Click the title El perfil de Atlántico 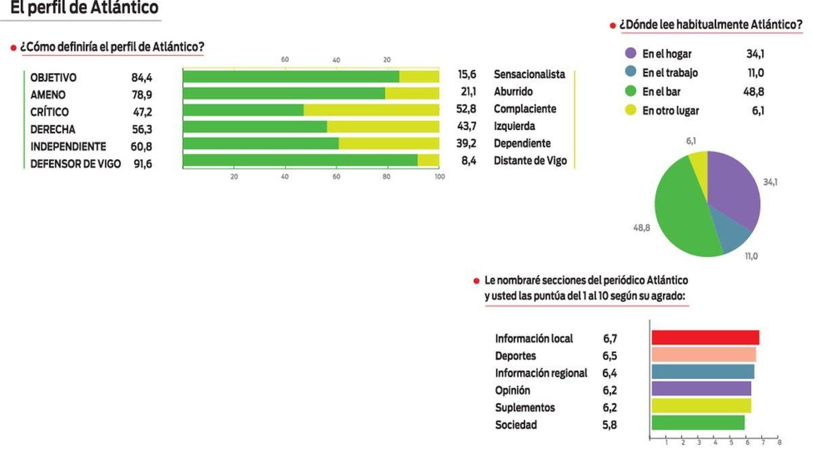84,8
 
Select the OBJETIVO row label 53,78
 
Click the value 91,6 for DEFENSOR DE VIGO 143,164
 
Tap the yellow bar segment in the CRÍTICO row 371,110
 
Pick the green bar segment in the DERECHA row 255,127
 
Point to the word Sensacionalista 529,74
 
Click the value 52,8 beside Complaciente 466,109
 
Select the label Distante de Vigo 530,161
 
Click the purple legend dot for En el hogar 631,53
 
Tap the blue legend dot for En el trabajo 631,72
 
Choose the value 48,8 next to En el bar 754,92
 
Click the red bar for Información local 705,338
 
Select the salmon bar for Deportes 704,355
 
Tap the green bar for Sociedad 698,423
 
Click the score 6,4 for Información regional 609,373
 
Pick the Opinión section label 512,390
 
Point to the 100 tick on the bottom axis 440,177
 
